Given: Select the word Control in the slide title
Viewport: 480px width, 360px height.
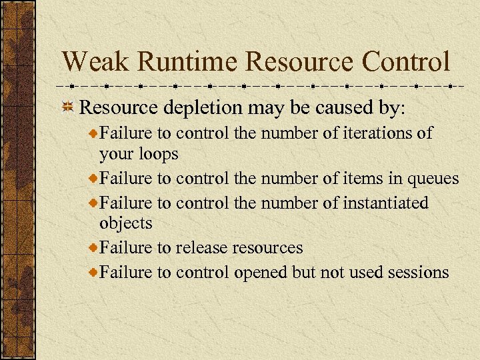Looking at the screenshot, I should [406, 63].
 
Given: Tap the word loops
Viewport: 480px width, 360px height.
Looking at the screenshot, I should [157, 154].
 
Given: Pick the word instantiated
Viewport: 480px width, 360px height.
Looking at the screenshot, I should [385, 202].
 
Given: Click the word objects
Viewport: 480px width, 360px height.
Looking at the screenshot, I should [126, 223].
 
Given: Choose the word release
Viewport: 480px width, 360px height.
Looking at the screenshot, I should [201, 248].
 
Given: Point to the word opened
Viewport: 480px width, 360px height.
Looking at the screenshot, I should [261, 272].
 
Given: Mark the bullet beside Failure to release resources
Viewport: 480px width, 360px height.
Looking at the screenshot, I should [93, 248].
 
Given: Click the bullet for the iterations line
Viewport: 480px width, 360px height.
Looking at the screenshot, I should [93, 133].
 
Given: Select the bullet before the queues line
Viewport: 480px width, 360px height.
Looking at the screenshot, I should [93, 179].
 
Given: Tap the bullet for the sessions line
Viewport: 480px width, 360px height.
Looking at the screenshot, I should [93, 272].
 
